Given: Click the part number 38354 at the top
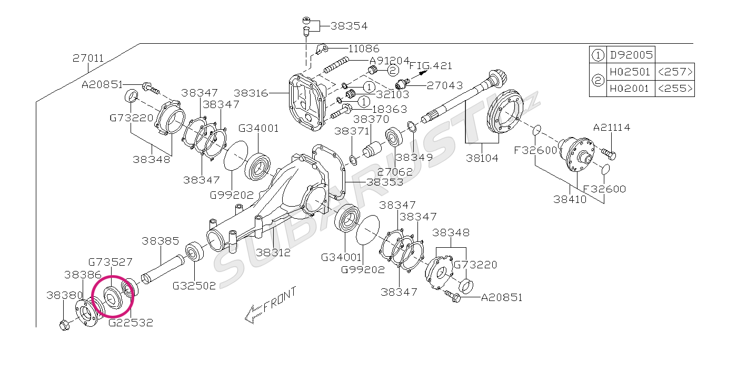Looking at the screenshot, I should [x=349, y=25].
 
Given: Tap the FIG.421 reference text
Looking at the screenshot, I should [x=431, y=66].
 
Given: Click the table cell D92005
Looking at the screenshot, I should [x=630, y=54].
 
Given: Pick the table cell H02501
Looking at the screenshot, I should [x=630, y=72].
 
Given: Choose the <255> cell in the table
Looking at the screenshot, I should [x=674, y=89].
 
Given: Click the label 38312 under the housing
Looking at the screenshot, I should [x=273, y=253].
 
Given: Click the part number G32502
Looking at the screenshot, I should [x=194, y=286].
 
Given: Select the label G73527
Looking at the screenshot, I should [x=110, y=261].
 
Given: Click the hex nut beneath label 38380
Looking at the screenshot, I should [x=64, y=325].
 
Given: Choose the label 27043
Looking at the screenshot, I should [x=445, y=85].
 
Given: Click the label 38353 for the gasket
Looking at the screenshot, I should [x=385, y=182].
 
